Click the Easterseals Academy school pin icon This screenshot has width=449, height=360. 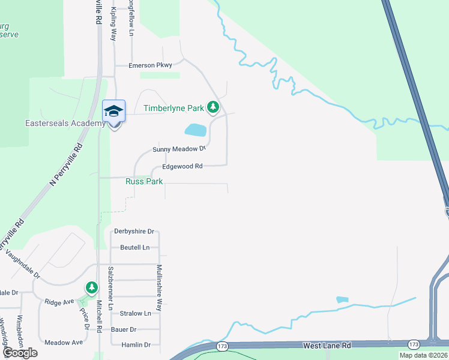click(113, 112)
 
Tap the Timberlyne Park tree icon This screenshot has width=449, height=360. click(212, 108)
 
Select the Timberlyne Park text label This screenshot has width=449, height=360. click(174, 109)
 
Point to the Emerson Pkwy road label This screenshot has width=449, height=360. click(150, 65)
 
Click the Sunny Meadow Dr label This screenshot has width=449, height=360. click(179, 149)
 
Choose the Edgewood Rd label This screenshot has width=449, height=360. click(182, 166)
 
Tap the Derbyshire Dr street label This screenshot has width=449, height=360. click(134, 231)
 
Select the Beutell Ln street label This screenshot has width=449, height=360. click(134, 247)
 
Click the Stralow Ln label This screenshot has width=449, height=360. click(135, 313)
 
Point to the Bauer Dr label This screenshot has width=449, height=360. click(124, 329)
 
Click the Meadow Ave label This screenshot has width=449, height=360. click(63, 343)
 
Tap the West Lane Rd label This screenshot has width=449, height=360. click(327, 346)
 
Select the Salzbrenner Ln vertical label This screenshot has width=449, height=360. click(110, 288)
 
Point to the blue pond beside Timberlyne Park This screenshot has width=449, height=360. click(195, 130)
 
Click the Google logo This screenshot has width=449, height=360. click(20, 352)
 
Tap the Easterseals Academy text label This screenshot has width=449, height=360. click(57, 124)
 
